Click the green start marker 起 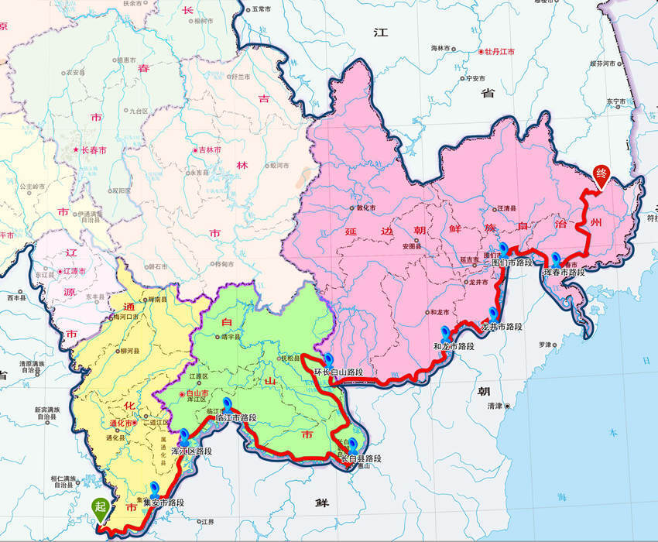point(100,508)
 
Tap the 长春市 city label point(92,149)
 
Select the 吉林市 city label point(209,149)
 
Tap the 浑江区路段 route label point(191,451)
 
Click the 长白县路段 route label point(361,459)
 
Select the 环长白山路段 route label point(338,372)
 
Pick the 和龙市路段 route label point(453,346)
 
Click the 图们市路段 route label point(512,262)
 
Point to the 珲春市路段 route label point(564,272)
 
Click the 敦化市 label point(364,208)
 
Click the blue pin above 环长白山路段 point(329,359)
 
